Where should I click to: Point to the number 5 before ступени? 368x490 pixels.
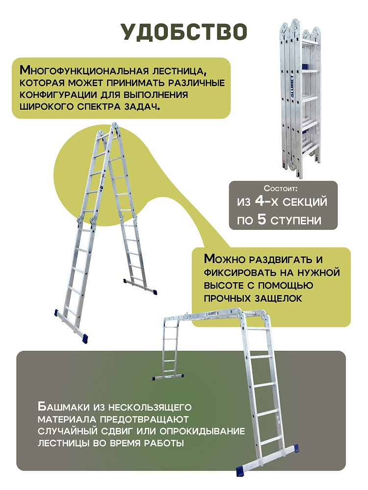263,219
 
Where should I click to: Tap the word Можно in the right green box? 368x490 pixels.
224,259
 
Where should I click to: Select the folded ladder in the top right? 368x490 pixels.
300,96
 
